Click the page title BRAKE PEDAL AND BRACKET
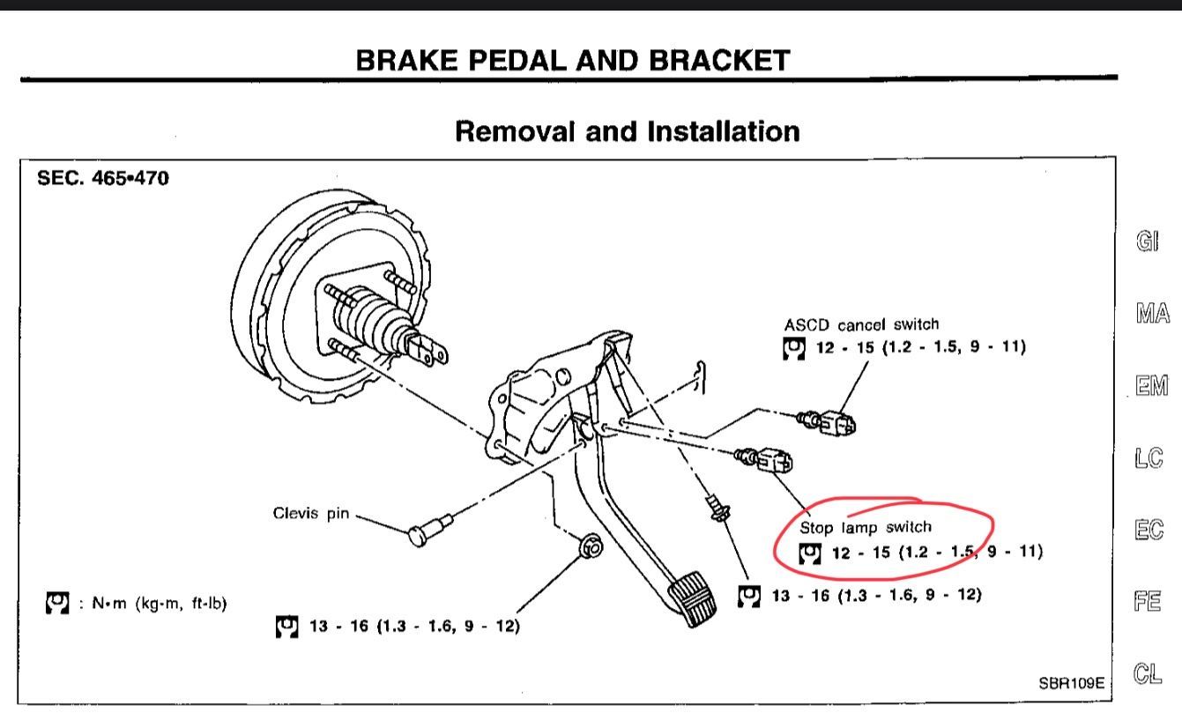573,60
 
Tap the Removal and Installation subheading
627,131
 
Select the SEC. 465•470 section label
103,178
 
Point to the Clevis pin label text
310,514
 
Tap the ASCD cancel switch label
861,324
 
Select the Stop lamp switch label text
865,527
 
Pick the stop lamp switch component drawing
768,458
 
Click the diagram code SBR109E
1070,682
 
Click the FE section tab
1147,602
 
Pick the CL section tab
1147,674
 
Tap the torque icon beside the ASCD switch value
794,347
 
